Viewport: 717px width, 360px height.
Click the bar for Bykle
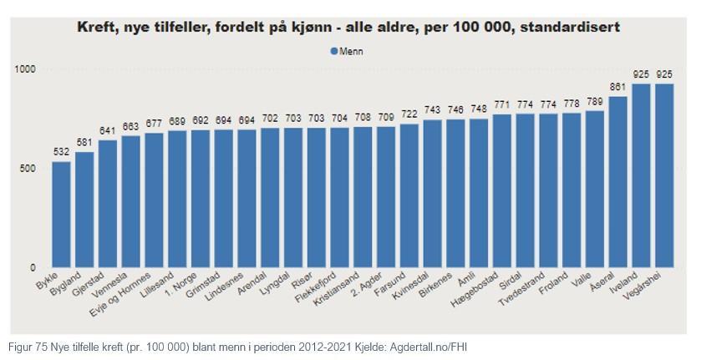tap(62, 215)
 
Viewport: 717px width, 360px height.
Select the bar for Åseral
tap(618, 182)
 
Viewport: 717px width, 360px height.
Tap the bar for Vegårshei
tap(664, 175)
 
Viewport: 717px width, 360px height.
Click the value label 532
tap(62, 152)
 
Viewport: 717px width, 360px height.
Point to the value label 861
tap(618, 87)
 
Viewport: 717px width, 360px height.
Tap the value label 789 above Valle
tap(594, 101)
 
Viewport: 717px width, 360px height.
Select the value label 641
tap(108, 130)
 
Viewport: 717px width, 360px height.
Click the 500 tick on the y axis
tap(29, 169)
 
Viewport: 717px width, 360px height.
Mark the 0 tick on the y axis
tap(33, 268)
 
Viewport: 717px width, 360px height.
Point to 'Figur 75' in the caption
tap(28, 346)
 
